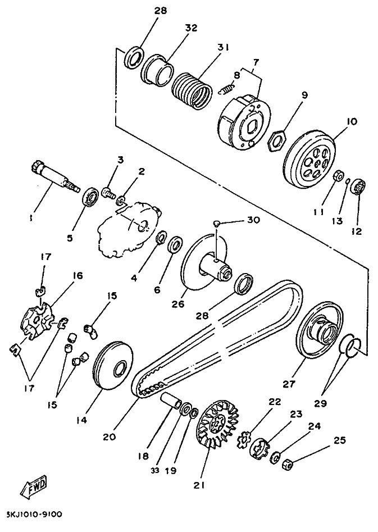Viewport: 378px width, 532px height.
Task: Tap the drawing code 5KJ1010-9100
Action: (34, 515)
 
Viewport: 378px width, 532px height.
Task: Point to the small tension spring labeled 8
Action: (226, 88)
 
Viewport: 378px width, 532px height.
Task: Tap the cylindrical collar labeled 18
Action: (170, 399)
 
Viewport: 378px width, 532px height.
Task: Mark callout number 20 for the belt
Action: (110, 436)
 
